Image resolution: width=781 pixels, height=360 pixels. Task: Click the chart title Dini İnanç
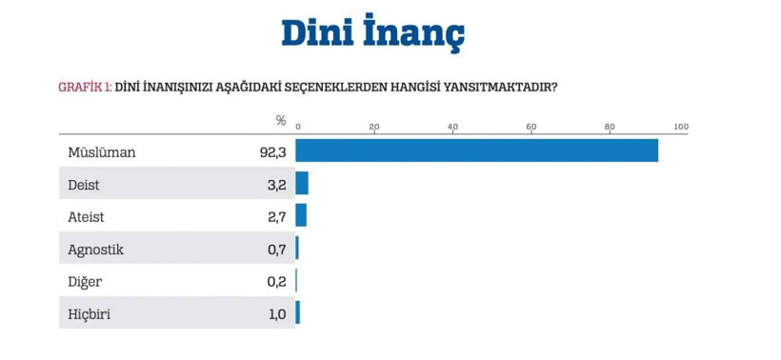372,34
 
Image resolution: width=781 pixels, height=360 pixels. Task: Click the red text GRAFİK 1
85,87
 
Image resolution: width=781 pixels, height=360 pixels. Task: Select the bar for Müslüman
476,150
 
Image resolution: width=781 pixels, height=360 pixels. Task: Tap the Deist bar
302,183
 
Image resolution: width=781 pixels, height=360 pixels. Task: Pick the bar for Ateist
301,215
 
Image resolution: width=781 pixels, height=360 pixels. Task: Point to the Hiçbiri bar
298,312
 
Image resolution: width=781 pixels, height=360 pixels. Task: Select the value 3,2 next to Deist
276,184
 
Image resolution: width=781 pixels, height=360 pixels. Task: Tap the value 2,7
276,216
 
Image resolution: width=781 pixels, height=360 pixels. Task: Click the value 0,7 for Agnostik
276,250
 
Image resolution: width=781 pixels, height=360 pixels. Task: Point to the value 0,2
276,282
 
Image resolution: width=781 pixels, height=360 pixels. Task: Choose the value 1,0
276,314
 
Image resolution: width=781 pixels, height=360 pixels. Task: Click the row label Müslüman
102,151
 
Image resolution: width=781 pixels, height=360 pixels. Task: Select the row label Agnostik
96,250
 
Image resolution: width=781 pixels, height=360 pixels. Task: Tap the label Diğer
85,282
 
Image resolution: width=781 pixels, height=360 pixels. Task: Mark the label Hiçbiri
89,314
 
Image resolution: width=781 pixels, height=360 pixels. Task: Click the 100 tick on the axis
680,127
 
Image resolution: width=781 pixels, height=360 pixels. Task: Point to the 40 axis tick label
452,127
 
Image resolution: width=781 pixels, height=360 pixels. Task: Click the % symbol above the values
281,121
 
